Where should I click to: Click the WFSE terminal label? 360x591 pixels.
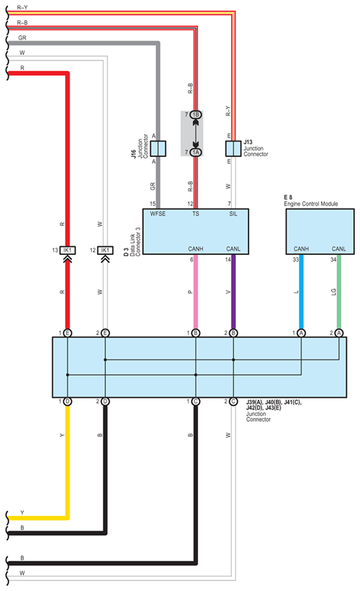(x=158, y=215)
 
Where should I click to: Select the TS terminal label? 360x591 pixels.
(x=195, y=215)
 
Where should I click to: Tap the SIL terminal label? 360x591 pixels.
(x=233, y=215)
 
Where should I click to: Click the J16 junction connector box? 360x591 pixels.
(x=158, y=147)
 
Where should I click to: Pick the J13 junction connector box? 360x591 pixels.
(x=233, y=147)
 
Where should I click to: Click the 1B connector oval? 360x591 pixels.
(x=196, y=115)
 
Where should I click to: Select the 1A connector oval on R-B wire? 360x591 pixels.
(x=196, y=152)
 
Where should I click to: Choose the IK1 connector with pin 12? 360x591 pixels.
(x=105, y=250)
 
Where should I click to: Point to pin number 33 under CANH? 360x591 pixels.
(x=296, y=259)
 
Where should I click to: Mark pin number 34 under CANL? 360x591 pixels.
(x=334, y=259)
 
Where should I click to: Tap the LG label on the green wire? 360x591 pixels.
(x=333, y=291)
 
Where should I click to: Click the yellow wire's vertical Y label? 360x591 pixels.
(x=62, y=436)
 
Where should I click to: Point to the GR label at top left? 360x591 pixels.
(x=22, y=37)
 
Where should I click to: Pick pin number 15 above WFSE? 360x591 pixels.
(x=153, y=203)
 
